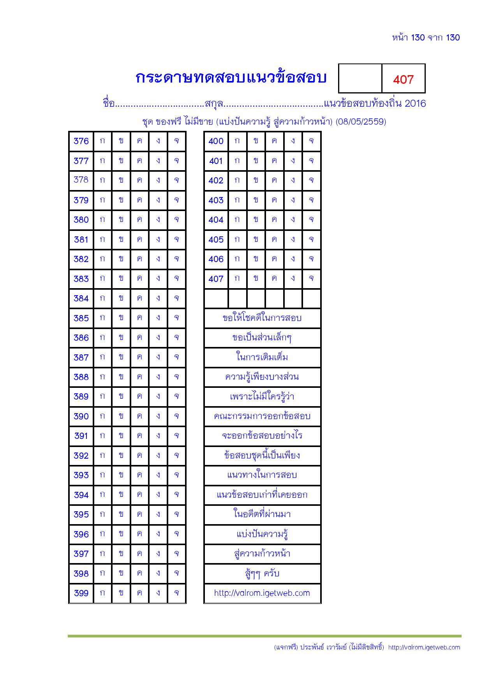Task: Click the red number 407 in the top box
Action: click(403, 79)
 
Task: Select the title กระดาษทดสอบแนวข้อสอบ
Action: click(231, 78)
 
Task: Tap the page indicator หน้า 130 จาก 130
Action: click(426, 38)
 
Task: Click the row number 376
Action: click(81, 141)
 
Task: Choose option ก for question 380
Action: click(102, 220)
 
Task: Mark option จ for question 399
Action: click(176, 593)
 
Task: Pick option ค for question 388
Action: click(139, 377)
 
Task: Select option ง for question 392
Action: click(158, 455)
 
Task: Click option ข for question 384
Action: click(121, 298)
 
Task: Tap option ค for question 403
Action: click(274, 200)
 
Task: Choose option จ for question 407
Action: click(311, 279)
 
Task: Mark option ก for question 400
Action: click(237, 141)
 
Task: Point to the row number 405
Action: click(216, 239)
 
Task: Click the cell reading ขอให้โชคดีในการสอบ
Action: click(262, 318)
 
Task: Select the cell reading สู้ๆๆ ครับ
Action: click(262, 574)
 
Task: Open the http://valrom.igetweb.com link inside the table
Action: click(262, 593)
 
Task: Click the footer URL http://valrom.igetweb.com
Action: click(424, 648)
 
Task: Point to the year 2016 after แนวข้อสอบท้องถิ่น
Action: click(415, 104)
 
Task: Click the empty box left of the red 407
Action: click(360, 78)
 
